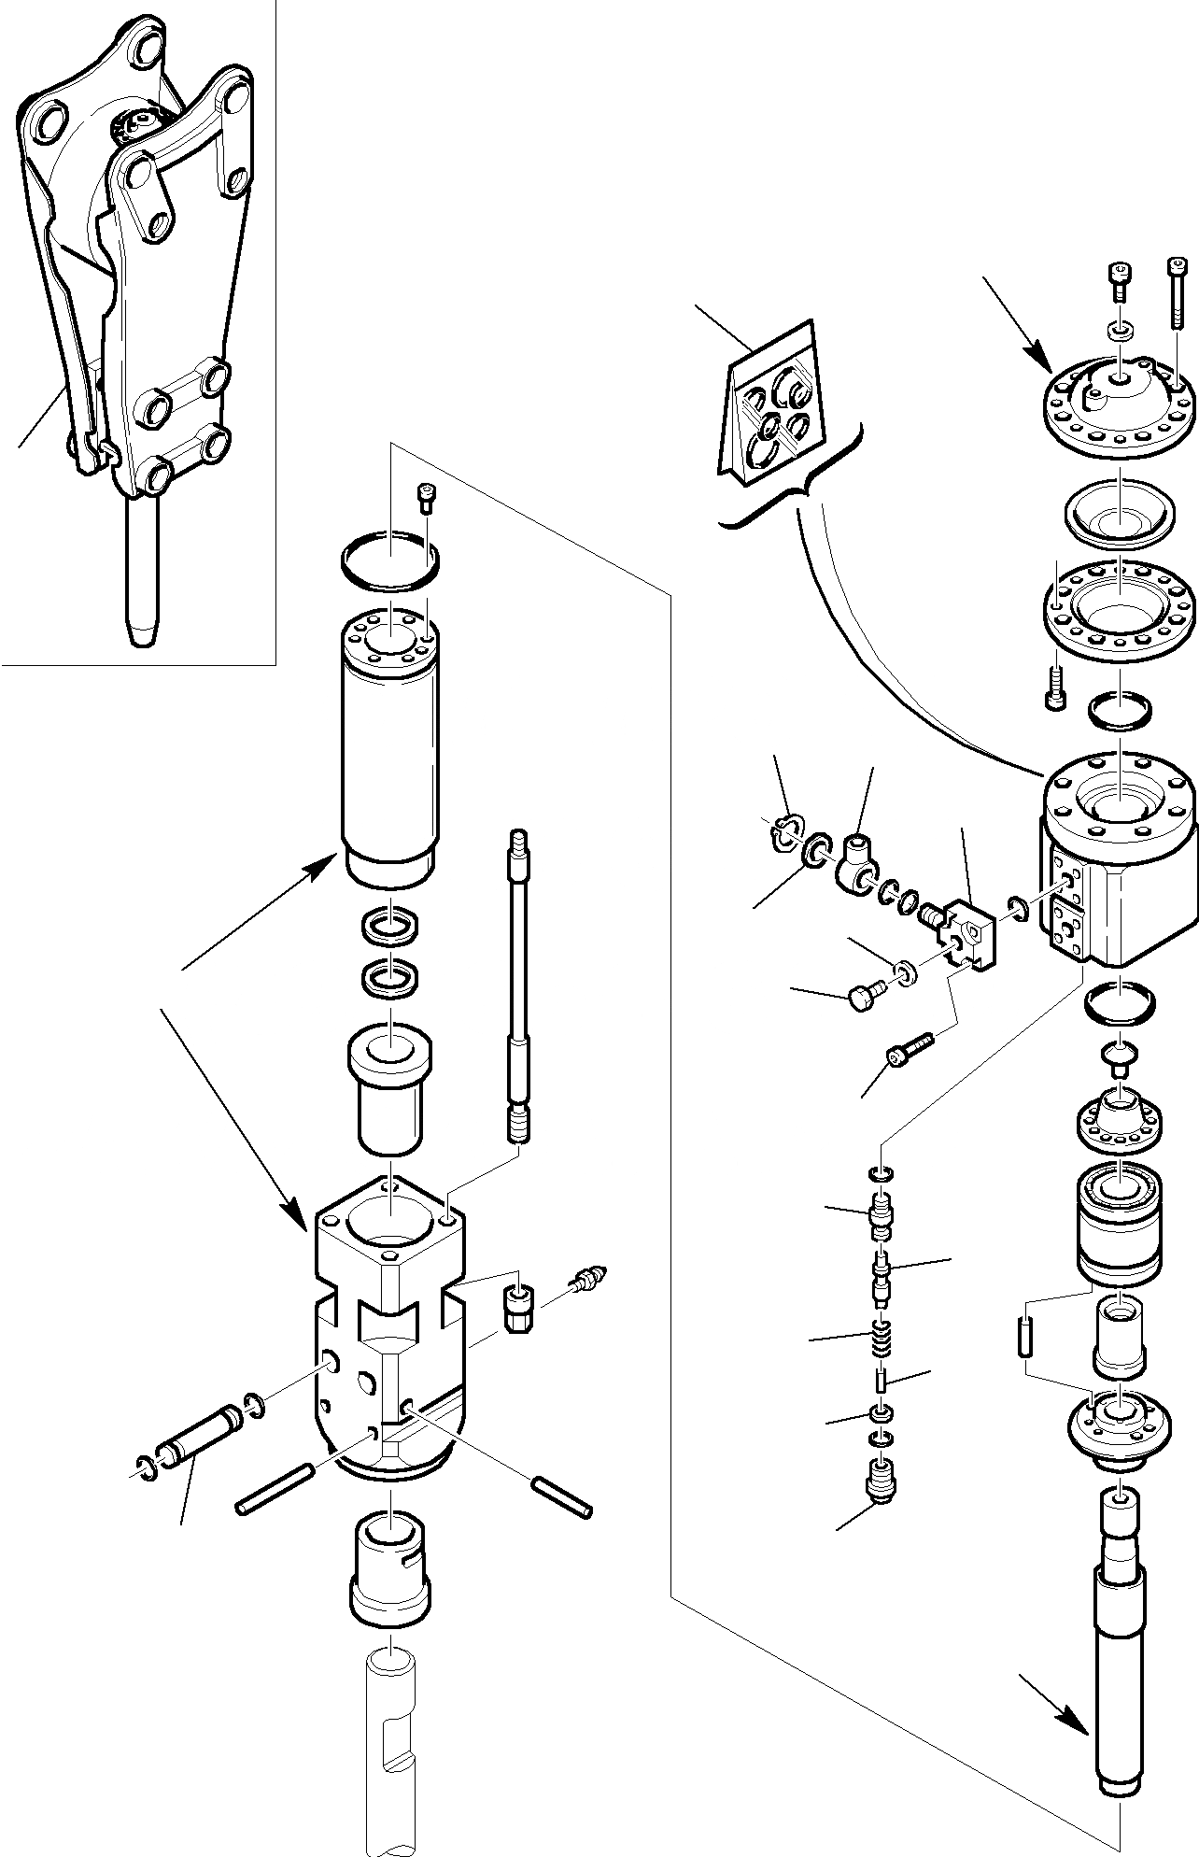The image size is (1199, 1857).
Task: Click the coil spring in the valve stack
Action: [x=879, y=1340]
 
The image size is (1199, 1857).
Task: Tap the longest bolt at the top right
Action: [x=1177, y=292]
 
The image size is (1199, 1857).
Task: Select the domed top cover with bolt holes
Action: [x=1119, y=403]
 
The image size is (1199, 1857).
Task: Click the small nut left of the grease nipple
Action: [x=516, y=1309]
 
